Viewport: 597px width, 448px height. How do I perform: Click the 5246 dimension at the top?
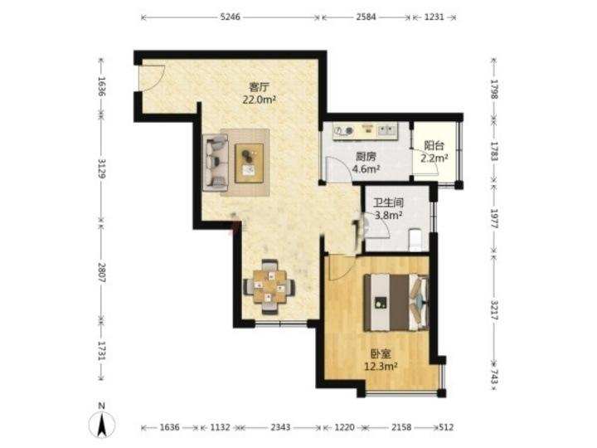click(231, 17)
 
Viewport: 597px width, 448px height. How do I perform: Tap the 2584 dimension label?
click(366, 17)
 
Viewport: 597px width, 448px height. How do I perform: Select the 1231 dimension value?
click(434, 17)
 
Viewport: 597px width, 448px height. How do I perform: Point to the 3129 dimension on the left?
click(101, 168)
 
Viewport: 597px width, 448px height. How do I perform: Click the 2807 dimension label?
click(101, 272)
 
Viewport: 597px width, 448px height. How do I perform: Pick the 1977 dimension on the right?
click(494, 219)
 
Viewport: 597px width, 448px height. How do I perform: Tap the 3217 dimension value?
click(494, 310)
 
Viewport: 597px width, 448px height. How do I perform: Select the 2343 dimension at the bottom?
click(280, 427)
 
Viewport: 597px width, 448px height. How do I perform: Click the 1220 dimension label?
click(344, 427)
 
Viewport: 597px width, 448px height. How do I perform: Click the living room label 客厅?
click(259, 87)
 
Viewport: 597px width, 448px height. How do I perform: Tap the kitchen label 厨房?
click(366, 157)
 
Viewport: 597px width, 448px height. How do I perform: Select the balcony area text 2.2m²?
click(434, 158)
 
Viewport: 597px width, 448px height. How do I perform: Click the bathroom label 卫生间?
click(388, 203)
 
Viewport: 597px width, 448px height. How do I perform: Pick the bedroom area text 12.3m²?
click(381, 367)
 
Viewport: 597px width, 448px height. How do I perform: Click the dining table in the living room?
click(269, 286)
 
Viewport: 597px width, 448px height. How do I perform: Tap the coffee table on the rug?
click(250, 163)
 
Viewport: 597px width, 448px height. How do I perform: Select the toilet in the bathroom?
click(415, 240)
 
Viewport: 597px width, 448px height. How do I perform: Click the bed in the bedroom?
click(396, 302)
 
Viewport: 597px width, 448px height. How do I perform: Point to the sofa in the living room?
click(216, 163)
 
